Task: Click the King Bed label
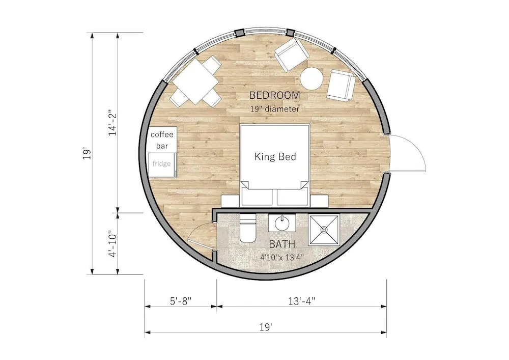click(275, 157)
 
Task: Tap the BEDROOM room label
click(274, 95)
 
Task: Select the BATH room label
click(282, 244)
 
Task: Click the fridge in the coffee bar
click(162, 164)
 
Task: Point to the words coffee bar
click(162, 140)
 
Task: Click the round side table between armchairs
click(312, 78)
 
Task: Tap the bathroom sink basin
click(282, 223)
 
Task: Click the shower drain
click(324, 230)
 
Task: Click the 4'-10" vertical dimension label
click(112, 244)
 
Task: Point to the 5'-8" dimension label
click(181, 301)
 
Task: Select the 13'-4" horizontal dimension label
click(301, 301)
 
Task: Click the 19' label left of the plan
click(87, 154)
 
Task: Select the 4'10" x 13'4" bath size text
click(282, 258)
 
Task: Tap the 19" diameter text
click(275, 109)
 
